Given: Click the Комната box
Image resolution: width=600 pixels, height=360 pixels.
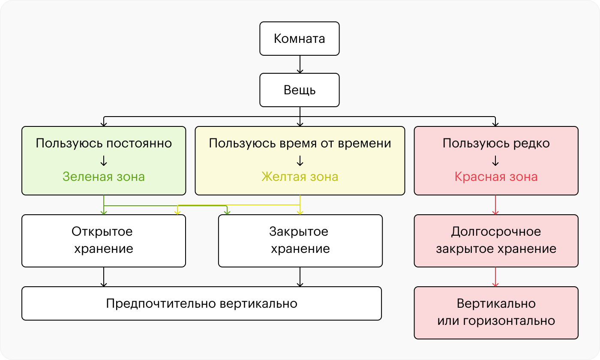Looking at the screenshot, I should [299, 39].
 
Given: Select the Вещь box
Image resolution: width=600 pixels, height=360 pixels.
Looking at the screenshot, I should [299, 90].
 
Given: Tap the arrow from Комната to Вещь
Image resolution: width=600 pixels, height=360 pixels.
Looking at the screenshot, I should [300, 64].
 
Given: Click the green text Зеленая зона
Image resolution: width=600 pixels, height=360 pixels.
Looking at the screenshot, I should [104, 177].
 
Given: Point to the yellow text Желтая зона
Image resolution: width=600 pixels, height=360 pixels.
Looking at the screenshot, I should [300, 177].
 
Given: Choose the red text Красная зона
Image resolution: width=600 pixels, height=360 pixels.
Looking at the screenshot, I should [496, 177].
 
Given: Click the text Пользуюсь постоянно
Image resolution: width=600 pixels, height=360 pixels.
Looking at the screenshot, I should [104, 143].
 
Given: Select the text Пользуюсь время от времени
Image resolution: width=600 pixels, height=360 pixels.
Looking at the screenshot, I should [300, 143].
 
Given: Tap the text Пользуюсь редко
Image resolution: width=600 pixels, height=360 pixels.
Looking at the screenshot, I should [496, 143].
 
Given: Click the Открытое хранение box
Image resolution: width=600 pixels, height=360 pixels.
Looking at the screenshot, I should [103, 240].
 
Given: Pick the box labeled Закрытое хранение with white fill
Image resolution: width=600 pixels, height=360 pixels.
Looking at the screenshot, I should [300, 240].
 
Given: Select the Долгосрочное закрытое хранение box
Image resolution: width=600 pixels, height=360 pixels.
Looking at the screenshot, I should [496, 240].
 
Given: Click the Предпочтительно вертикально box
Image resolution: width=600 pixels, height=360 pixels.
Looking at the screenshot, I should [201, 303].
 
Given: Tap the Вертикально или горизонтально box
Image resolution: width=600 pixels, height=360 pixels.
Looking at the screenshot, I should [496, 312].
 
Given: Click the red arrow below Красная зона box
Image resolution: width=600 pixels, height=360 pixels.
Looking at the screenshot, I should [496, 205].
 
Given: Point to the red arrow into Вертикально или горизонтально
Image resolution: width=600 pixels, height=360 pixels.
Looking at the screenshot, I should [496, 277].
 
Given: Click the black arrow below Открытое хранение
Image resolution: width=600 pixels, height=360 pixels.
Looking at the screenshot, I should [104, 277].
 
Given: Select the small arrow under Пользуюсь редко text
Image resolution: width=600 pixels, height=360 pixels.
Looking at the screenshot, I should [496, 160].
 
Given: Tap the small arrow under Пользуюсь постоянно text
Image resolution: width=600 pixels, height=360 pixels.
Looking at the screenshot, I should [104, 160].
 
